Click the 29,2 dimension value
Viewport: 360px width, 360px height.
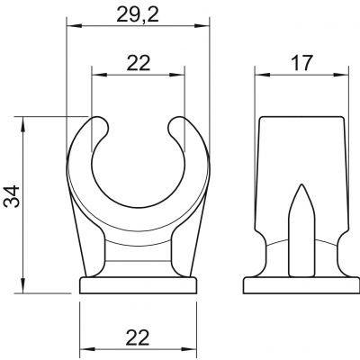click(x=138, y=14)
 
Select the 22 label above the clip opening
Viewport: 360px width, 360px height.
click(x=138, y=63)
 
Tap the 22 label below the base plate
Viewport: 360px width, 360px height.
click(x=138, y=337)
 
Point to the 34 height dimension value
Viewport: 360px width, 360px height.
click(x=12, y=196)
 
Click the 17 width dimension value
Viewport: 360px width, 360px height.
click(x=301, y=63)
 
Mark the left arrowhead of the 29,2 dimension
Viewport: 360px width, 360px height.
click(x=74, y=26)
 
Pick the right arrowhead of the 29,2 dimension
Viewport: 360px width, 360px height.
click(x=201, y=26)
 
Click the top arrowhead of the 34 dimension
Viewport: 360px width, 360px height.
click(x=22, y=124)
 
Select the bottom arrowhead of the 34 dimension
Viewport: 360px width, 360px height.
click(x=22, y=285)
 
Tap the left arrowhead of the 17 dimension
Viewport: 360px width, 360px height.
click(x=262, y=75)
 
